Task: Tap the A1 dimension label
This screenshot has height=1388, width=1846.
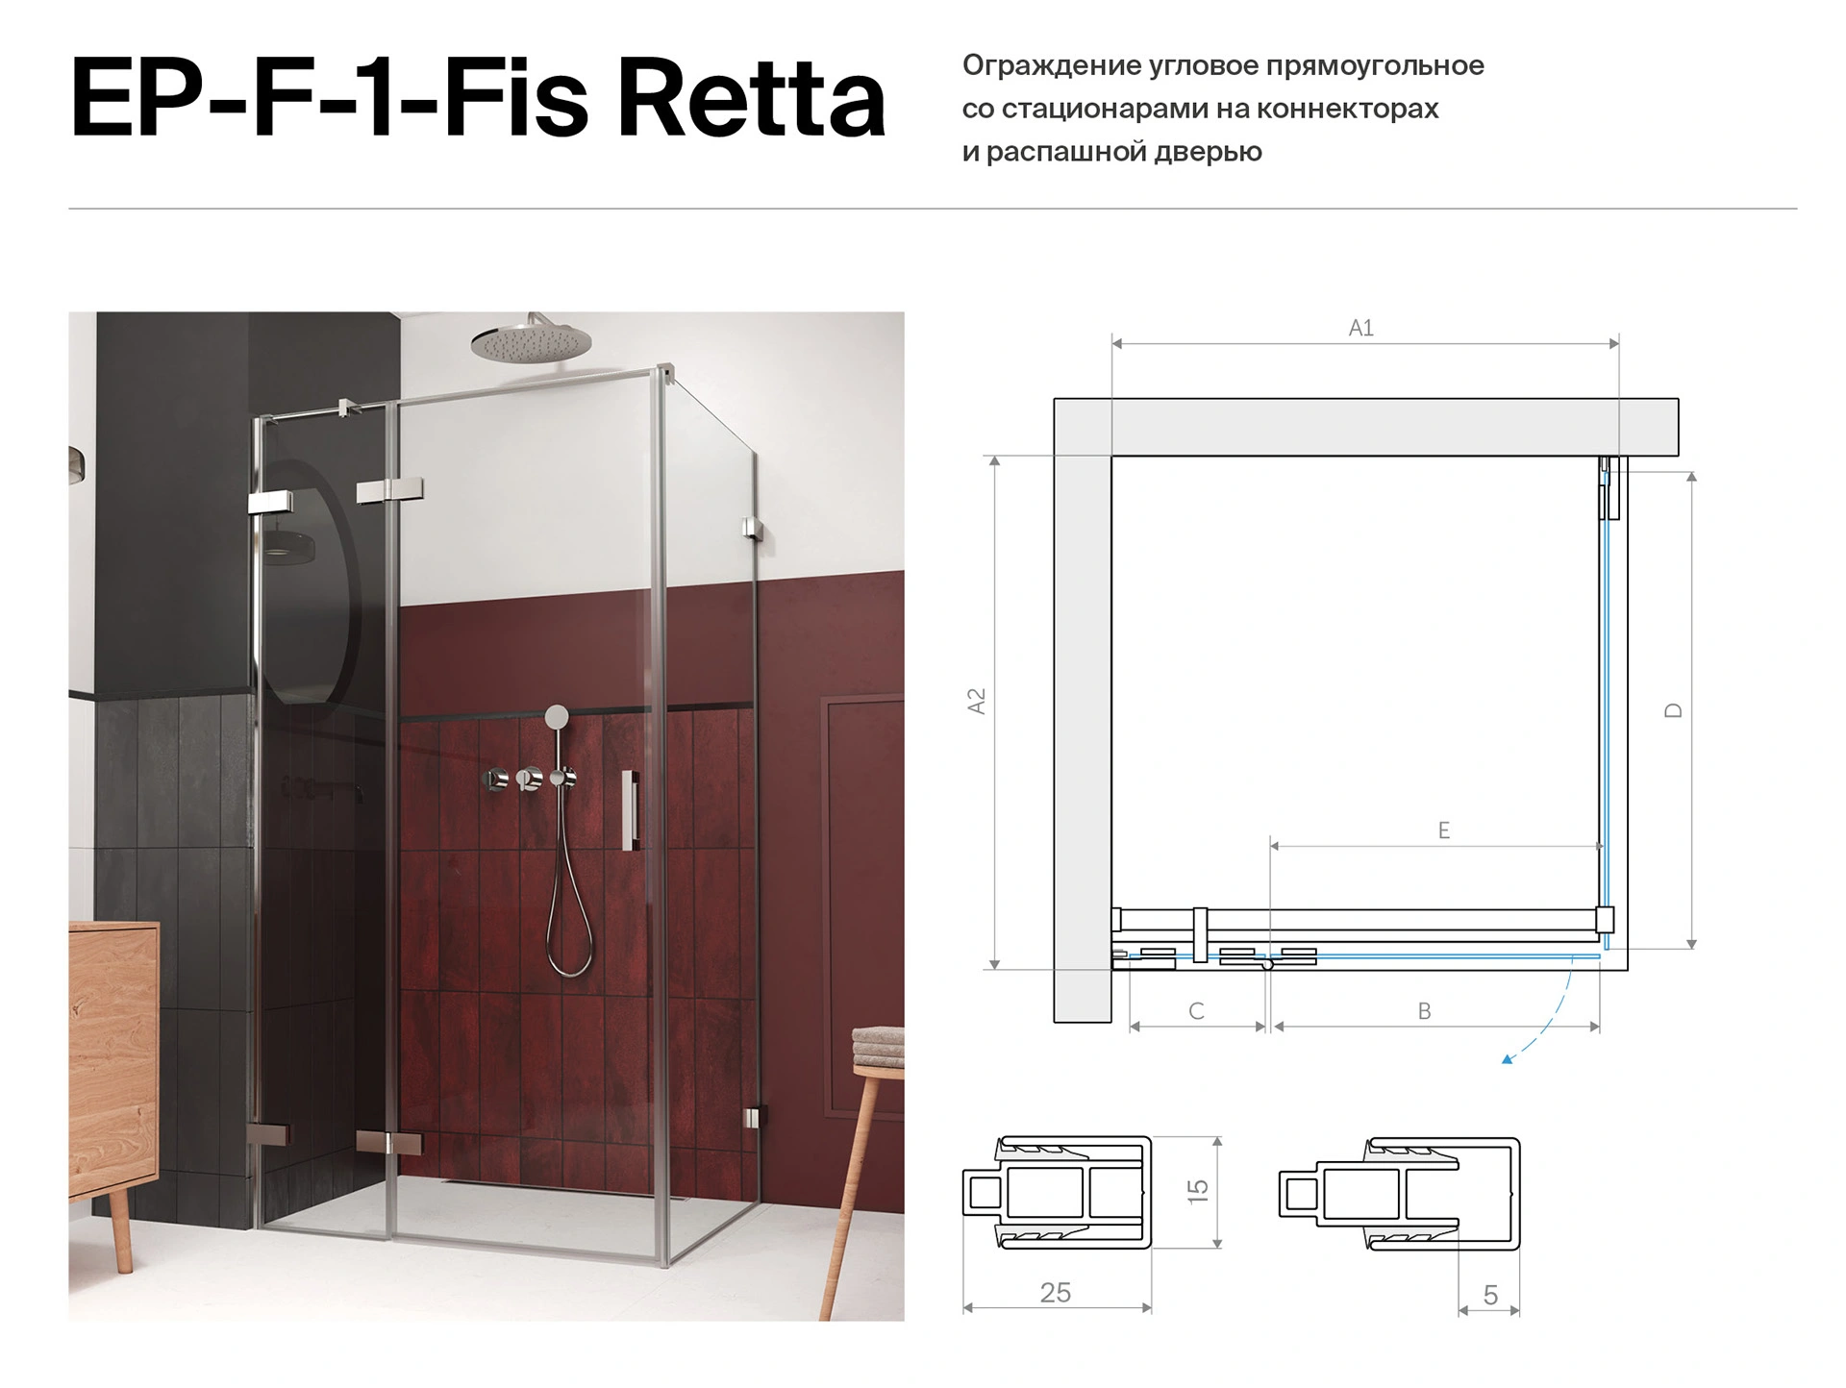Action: point(1360,328)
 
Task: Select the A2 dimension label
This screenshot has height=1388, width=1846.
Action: point(976,701)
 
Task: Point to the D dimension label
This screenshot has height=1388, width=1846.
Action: point(1673,710)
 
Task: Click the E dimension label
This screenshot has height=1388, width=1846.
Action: point(1443,830)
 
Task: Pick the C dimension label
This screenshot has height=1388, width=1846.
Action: point(1196,1011)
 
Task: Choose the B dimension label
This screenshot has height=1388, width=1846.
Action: point(1425,1011)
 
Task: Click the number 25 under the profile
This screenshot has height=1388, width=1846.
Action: point(1056,1293)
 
